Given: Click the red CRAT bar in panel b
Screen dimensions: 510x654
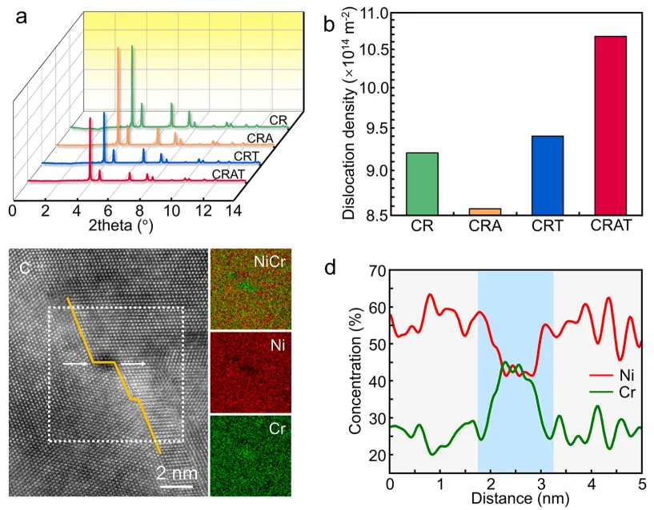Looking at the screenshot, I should pos(604,126).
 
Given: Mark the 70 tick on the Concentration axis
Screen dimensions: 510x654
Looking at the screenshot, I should pos(374,271).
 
